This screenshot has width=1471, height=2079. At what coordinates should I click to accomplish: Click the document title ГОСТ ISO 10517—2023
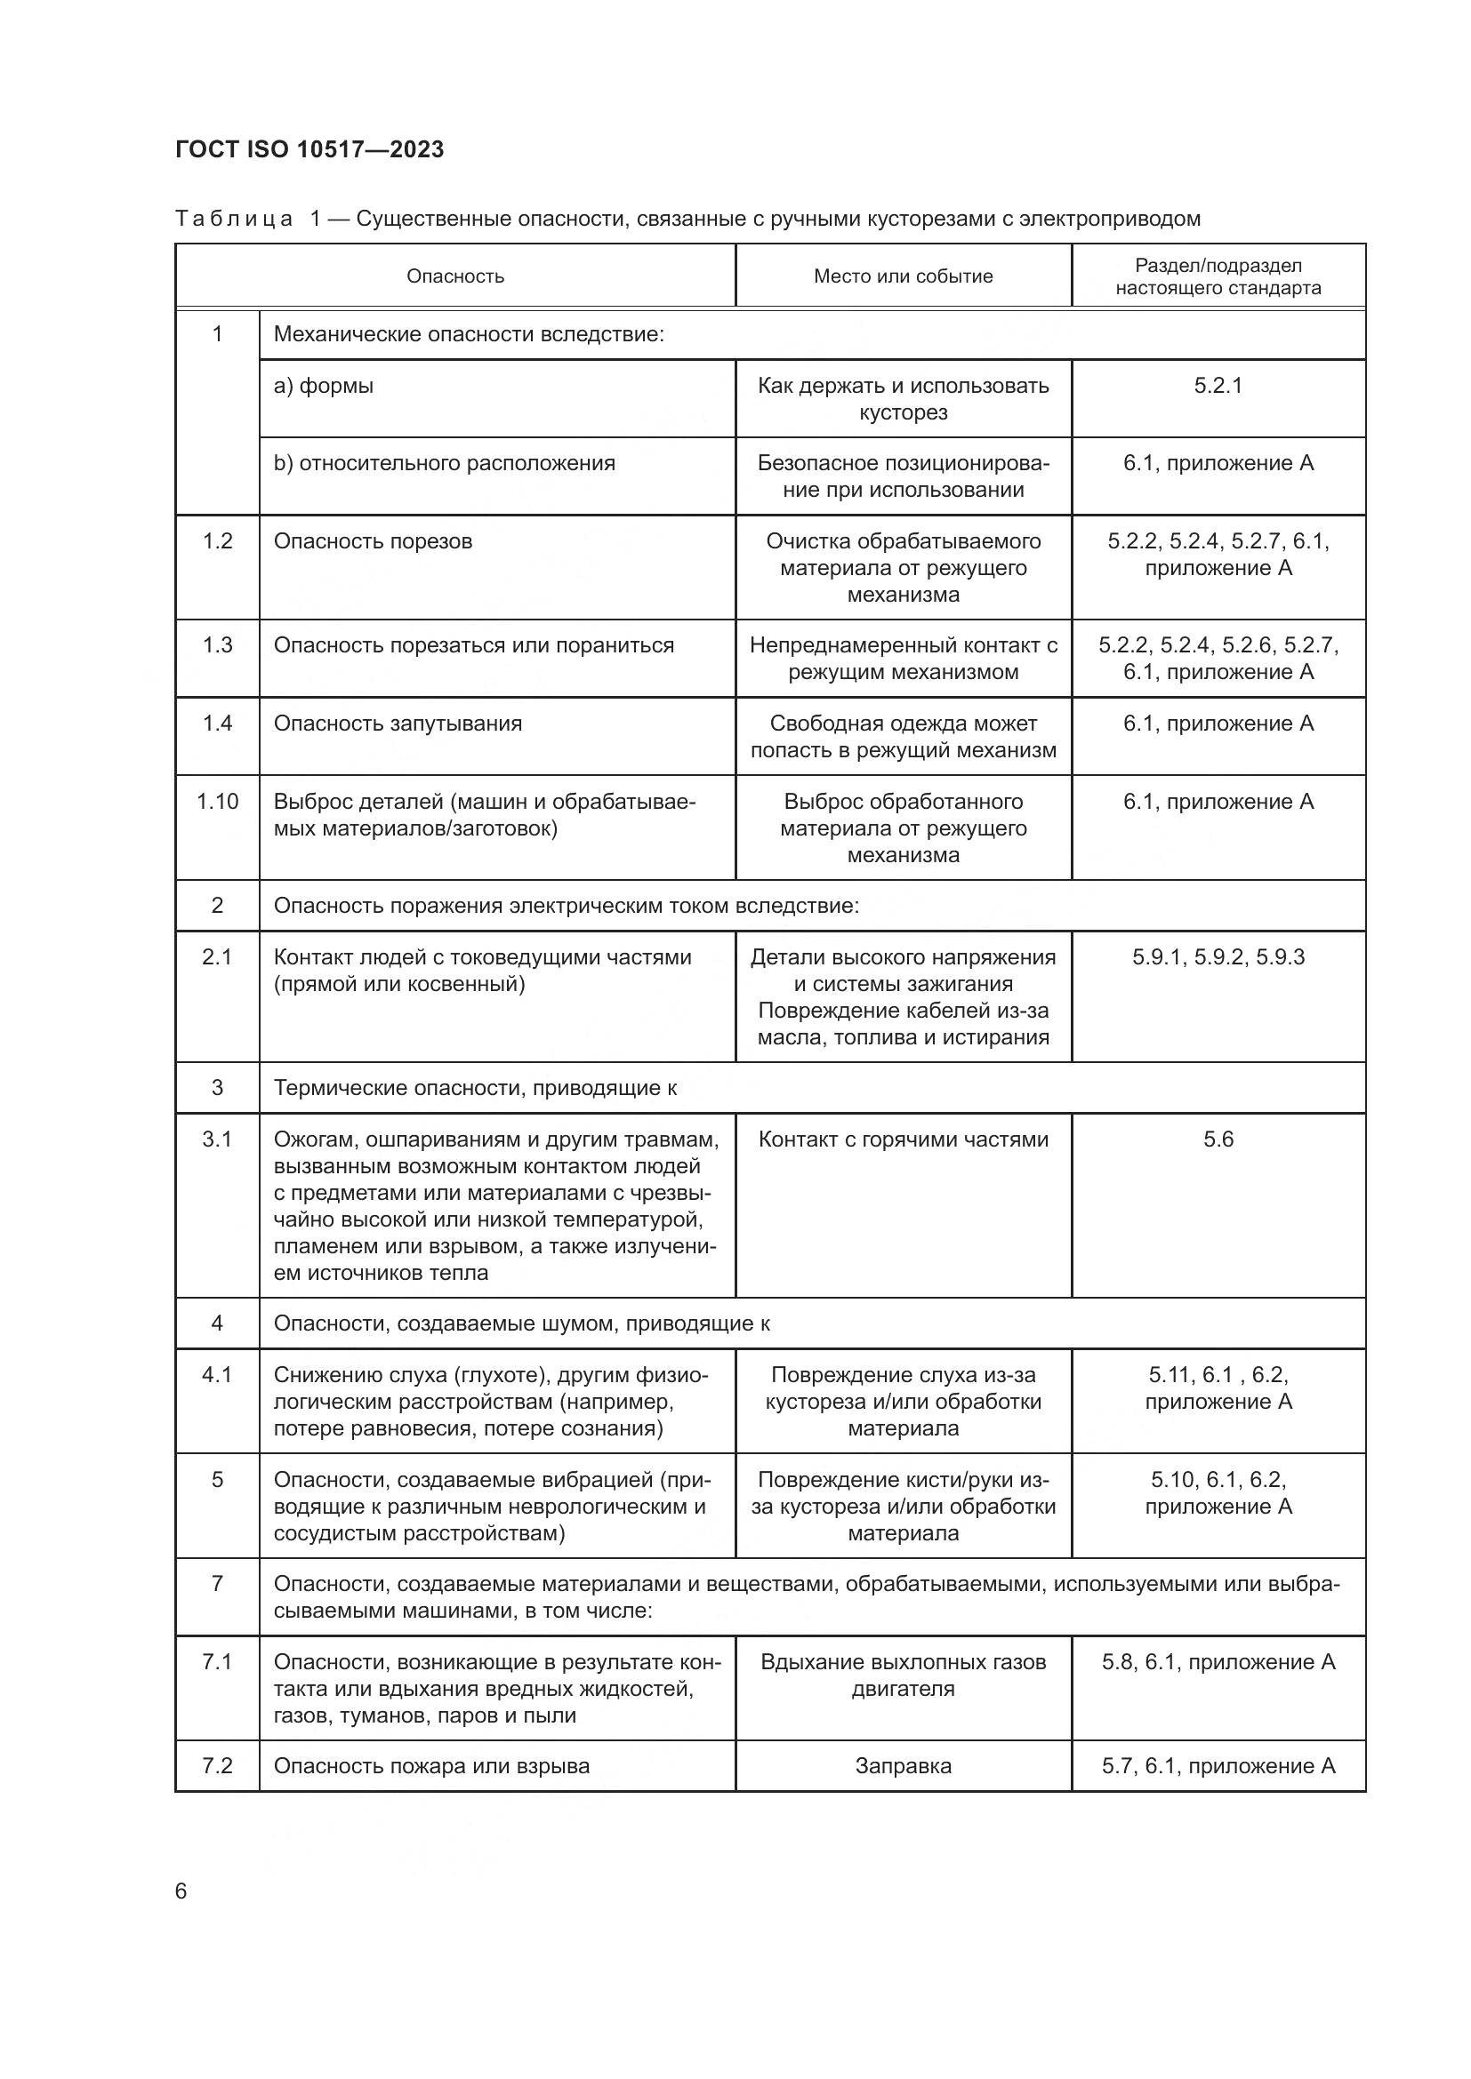coord(309,149)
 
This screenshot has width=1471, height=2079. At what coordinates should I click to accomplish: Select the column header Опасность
coord(454,276)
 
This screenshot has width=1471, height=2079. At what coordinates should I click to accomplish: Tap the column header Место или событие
coord(902,276)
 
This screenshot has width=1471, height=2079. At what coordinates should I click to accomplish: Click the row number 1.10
coord(217,802)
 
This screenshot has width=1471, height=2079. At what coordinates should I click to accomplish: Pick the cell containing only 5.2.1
coord(1218,386)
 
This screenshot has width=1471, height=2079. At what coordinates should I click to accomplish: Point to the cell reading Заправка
coord(902,1766)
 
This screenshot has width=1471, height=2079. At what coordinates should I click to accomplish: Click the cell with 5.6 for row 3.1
coord(1218,1139)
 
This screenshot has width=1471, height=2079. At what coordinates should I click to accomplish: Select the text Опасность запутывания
coord(398,724)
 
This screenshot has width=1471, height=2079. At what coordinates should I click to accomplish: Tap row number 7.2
coord(217,1766)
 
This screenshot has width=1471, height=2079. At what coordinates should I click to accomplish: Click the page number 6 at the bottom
coord(181,1891)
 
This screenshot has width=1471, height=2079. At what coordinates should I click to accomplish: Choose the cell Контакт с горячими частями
coord(902,1139)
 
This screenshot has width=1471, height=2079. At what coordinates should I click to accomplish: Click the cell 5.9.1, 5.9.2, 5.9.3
coord(1218,957)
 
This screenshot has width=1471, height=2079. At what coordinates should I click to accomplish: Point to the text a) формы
coord(324,386)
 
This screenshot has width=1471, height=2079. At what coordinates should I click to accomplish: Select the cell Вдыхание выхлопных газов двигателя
coord(902,1675)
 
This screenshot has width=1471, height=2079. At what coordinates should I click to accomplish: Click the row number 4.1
coord(217,1374)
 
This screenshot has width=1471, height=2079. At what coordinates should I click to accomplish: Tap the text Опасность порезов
coord(373,541)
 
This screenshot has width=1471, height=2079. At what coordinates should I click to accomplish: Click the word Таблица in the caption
coord(234,220)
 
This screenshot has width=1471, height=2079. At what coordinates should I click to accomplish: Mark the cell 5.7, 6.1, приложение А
coord(1218,1766)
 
